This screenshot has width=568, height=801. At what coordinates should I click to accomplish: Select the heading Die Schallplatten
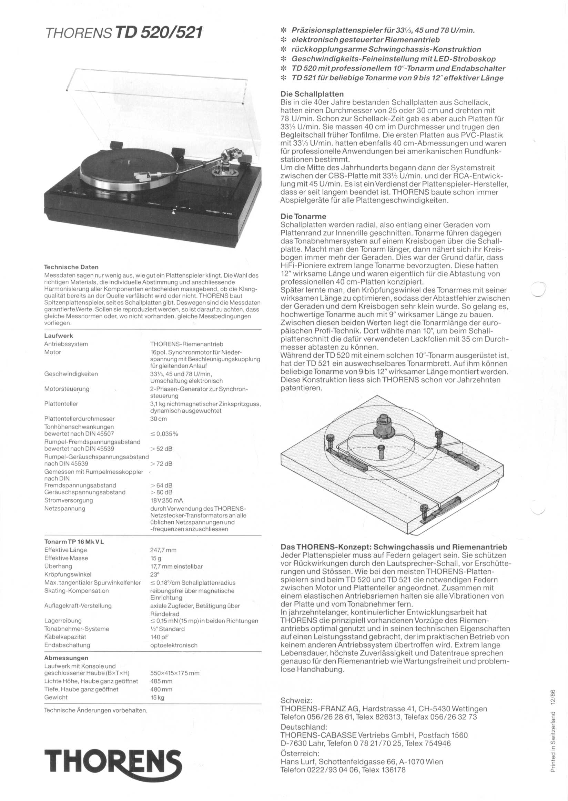coord(312,94)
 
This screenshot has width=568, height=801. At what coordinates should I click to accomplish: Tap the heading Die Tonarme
coord(303,217)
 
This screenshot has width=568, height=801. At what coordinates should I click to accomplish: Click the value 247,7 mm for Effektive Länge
coord(163,550)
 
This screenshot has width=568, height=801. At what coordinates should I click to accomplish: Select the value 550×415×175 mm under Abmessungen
coord(174,673)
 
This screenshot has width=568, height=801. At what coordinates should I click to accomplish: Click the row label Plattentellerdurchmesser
coord(79,419)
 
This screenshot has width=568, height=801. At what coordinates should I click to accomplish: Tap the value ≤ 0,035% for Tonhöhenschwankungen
coord(164,434)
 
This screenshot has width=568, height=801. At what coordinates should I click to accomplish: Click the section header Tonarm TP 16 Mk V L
coord(74,542)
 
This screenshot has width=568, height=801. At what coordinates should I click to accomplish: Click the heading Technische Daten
coord(71,267)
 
